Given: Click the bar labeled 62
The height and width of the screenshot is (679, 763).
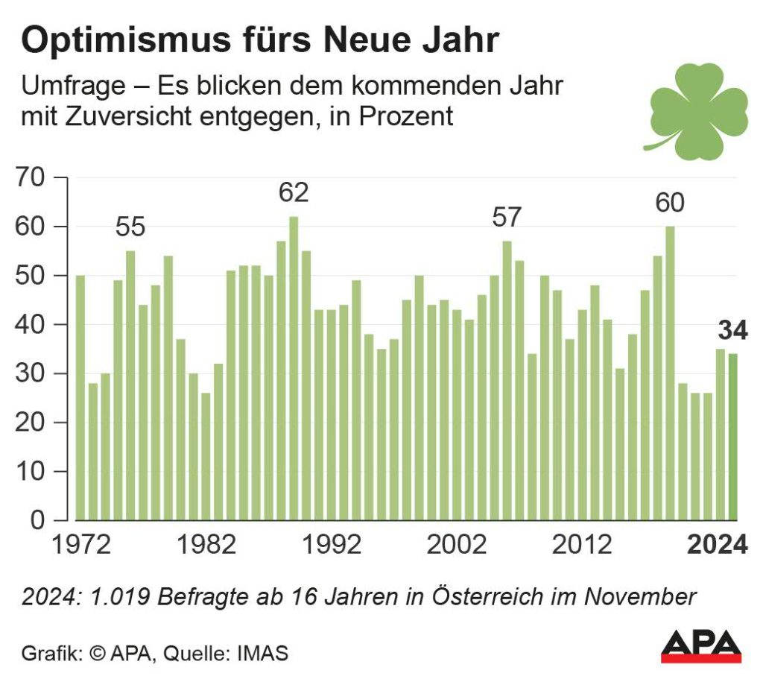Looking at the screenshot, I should click(x=294, y=368).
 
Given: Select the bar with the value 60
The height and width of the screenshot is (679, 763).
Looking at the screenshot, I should click(x=671, y=373).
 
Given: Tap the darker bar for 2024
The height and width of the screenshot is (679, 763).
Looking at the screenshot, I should click(x=733, y=437).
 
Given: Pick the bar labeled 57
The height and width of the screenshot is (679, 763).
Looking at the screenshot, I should click(x=507, y=380).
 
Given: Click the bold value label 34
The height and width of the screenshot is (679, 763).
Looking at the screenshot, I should click(x=732, y=330).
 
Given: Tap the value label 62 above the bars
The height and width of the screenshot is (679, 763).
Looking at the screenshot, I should click(x=294, y=193).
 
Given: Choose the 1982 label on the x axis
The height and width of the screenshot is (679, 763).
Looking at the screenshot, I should click(x=205, y=545).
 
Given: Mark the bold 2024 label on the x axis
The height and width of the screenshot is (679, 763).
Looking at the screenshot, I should click(x=716, y=545).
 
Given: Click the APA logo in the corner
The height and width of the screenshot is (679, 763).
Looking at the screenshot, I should click(x=701, y=645).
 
